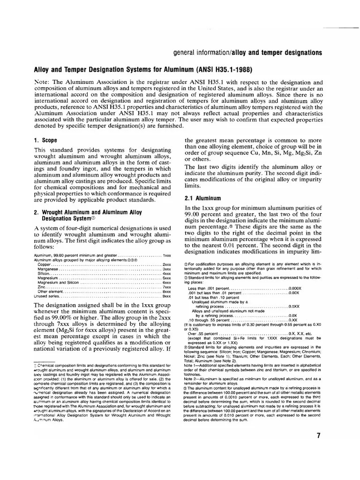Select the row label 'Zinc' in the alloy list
pos(42,287)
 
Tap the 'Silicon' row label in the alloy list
pos(45,274)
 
